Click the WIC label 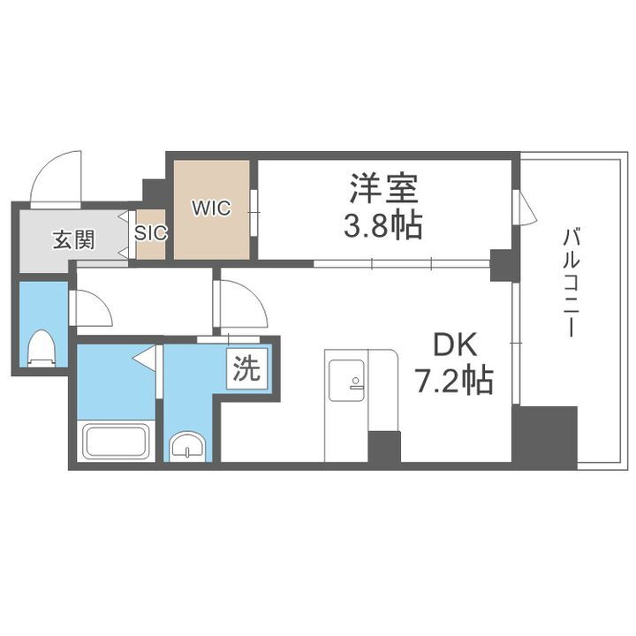click(x=212, y=209)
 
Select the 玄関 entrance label click(x=73, y=239)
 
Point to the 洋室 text click(x=382, y=188)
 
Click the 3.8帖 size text click(x=382, y=226)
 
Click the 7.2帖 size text click(x=454, y=382)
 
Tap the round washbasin click(x=188, y=447)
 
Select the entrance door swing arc click(x=55, y=176)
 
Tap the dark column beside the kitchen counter click(x=384, y=447)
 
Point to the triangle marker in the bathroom click(x=147, y=358)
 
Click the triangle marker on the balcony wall click(x=526, y=208)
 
